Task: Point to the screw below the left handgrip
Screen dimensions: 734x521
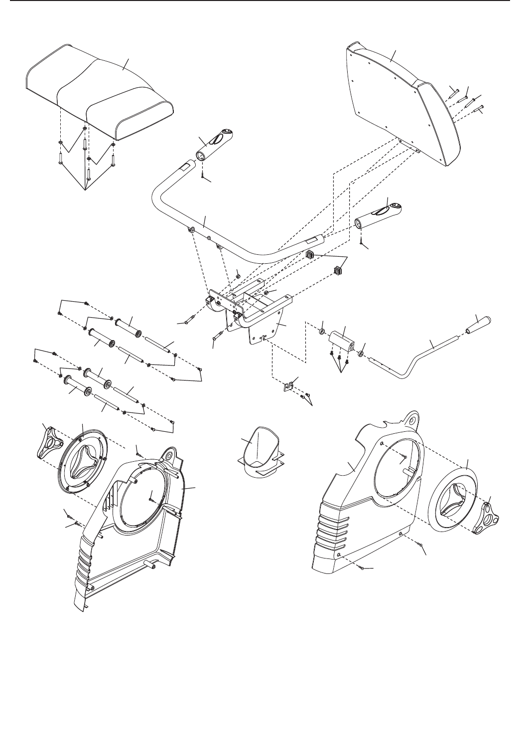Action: pyautogui.click(x=203, y=174)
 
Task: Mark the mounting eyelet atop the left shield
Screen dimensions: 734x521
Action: pyautogui.click(x=169, y=455)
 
